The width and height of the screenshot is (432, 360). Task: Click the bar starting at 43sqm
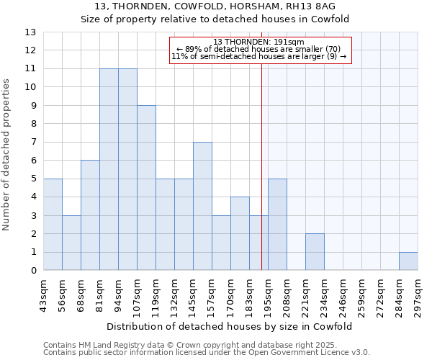tap(53, 225)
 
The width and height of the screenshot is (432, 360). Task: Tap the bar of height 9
tap(146, 188)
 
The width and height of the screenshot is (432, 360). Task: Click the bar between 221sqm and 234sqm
tap(315, 252)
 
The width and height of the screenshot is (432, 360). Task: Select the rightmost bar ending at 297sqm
tap(408, 261)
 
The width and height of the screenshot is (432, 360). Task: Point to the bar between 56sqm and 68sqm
tap(71, 243)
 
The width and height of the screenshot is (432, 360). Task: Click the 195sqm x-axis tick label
tap(268, 295)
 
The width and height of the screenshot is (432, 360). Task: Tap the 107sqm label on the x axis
tap(137, 295)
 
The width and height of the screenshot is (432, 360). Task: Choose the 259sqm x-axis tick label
tap(361, 295)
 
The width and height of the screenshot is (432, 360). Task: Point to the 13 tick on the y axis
tap(30, 32)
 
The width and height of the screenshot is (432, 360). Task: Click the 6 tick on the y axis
tap(33, 161)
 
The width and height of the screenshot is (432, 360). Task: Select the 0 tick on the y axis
tap(33, 271)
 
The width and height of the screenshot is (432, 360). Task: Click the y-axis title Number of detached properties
tap(7, 155)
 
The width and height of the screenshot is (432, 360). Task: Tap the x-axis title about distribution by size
tap(230, 326)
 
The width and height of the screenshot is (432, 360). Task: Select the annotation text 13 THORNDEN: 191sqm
tap(259, 42)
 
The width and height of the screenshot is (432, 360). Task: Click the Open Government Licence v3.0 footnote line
tap(207, 353)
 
